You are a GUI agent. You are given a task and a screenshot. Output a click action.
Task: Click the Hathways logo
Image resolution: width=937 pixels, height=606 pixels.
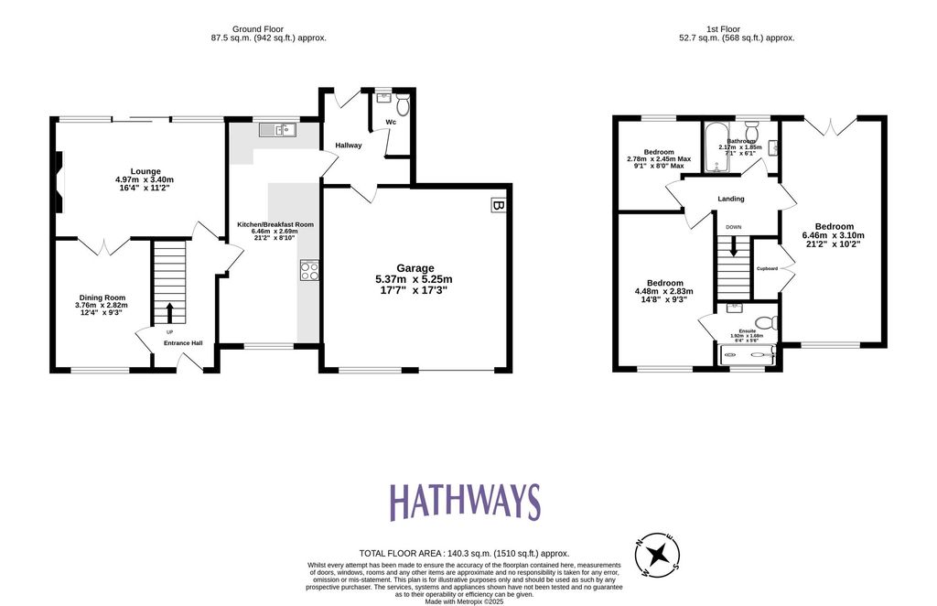coord(465,503)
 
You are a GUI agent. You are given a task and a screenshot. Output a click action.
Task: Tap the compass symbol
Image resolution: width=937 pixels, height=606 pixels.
coord(657,554)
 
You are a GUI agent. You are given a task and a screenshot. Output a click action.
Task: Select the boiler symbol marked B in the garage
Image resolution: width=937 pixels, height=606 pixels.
coord(498,206)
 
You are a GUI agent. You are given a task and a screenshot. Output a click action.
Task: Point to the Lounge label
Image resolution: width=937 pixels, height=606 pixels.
coord(145,171)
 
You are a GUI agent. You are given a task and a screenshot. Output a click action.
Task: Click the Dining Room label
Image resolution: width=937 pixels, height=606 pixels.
coord(101,298)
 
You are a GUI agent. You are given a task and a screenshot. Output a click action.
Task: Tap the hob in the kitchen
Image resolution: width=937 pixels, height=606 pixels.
coord(309,270)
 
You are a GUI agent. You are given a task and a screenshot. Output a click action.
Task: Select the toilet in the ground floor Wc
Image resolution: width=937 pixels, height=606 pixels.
coord(401,107)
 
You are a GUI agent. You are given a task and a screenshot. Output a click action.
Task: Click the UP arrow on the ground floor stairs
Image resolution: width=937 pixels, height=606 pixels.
coord(169,314)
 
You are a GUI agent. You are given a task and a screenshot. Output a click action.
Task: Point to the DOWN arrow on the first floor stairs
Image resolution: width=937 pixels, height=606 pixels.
coord(733,246)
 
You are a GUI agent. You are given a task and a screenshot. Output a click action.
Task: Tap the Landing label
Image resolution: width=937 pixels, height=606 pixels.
coord(731,199)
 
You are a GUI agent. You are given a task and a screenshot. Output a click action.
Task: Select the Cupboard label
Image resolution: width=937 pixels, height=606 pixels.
coord(767,268)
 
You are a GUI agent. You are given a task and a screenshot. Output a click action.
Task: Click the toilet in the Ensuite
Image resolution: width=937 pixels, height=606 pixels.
coord(772,322)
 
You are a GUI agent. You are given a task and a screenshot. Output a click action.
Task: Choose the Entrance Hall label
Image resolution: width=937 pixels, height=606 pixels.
coord(183,343)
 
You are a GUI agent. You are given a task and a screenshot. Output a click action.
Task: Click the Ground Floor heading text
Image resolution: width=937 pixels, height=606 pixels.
coord(267,28)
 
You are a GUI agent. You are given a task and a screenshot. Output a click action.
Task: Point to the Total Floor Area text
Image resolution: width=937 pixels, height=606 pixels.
coord(464,553)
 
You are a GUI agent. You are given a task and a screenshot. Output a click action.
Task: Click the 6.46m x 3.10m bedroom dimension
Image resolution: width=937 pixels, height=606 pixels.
coord(834,235)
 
